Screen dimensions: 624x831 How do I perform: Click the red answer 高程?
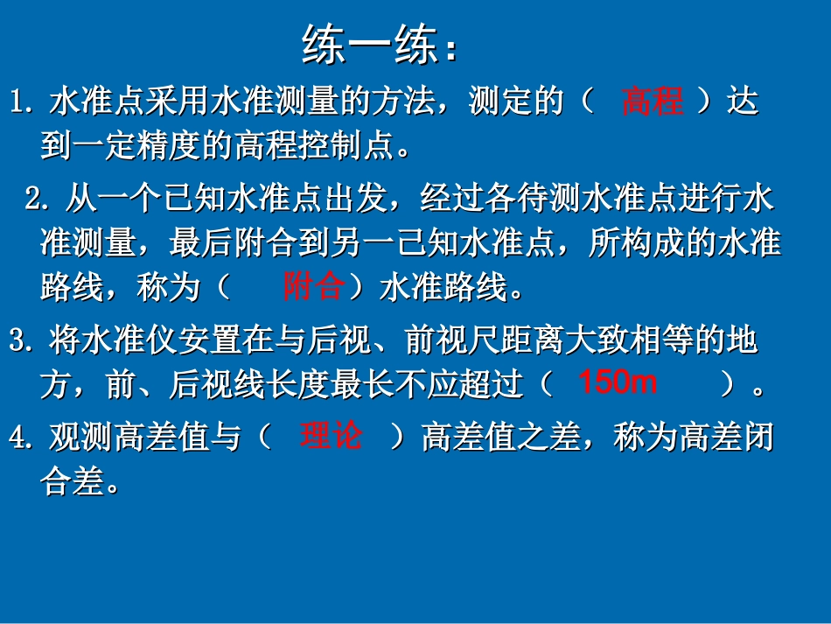click(652, 102)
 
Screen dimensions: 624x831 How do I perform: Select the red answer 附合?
click(312, 286)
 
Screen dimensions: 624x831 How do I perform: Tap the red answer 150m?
click(618, 382)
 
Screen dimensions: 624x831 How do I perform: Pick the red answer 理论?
click(331, 436)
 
